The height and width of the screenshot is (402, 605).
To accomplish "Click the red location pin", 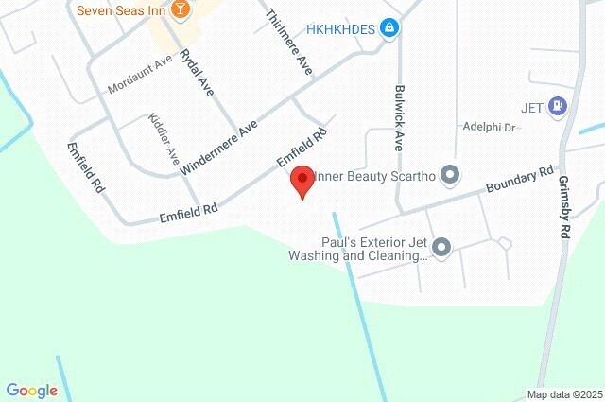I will click(302, 180).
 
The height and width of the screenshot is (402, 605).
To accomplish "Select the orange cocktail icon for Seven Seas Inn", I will click(183, 9).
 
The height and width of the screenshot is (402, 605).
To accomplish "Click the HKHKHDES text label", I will click(340, 29).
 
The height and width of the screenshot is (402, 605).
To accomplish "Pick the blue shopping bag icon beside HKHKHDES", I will click(389, 29).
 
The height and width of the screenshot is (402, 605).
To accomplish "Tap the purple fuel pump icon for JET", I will click(559, 106).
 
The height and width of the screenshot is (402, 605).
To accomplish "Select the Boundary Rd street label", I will click(519, 182).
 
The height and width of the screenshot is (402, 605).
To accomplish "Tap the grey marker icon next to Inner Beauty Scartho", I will click(450, 175).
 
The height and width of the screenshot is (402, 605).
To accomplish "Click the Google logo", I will click(31, 390).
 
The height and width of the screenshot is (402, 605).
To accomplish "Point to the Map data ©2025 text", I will click(563, 394).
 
